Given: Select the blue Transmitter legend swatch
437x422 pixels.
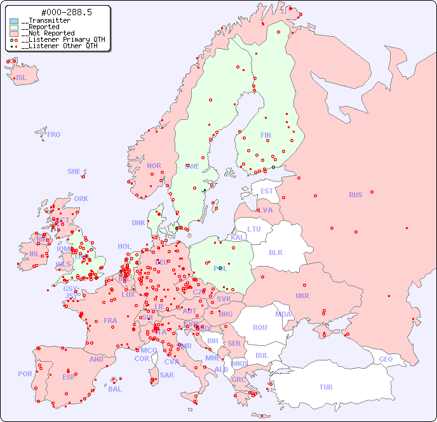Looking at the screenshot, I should click(x=14, y=21).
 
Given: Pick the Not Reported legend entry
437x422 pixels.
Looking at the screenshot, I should click(x=48, y=33).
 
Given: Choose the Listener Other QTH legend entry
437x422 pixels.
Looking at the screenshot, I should click(x=59, y=46).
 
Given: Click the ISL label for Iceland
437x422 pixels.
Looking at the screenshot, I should click(x=22, y=78).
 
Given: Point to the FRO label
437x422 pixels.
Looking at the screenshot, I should click(x=54, y=135).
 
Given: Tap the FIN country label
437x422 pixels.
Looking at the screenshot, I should click(x=266, y=135).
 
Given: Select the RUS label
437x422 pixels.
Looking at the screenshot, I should click(x=355, y=195).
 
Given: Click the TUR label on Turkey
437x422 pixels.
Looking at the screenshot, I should click(x=326, y=387).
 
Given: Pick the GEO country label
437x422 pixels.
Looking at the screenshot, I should click(x=386, y=359).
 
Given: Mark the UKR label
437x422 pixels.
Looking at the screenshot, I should click(x=302, y=296).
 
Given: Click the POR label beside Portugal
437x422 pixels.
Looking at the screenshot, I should click(x=25, y=374).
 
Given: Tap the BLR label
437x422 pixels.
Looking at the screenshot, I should click(x=275, y=252).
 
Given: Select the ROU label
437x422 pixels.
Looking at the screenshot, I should click(x=260, y=327).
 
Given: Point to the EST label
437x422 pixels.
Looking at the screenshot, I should click(x=267, y=191).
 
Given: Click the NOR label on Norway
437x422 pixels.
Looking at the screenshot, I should click(x=154, y=166).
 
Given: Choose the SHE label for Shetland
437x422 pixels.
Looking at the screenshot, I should click(x=74, y=171).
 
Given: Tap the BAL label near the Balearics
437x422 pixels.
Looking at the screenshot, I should click(x=115, y=389).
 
